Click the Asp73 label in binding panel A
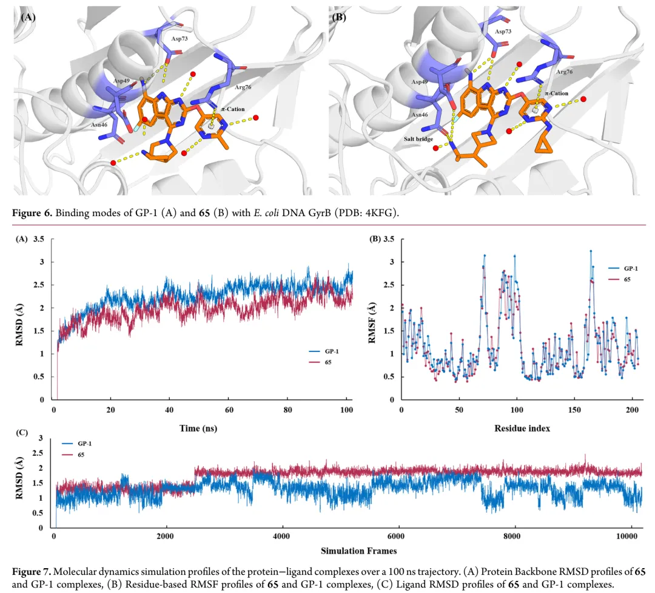click(x=179, y=38)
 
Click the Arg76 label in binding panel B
click(x=565, y=72)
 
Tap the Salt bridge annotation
click(x=418, y=139)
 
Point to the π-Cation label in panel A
click(x=233, y=109)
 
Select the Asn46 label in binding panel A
click(x=99, y=124)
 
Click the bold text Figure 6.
click(x=32, y=213)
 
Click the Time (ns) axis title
click(x=198, y=429)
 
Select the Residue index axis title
click(x=522, y=429)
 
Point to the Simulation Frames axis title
click(x=359, y=551)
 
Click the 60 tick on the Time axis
click(x=229, y=410)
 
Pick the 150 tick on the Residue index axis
click(x=574, y=410)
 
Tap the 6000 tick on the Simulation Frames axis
click(x=395, y=537)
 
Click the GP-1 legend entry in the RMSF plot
click(x=623, y=268)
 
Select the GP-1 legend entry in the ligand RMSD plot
click(x=77, y=443)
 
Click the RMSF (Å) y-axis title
click(x=372, y=323)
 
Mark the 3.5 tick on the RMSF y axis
click(x=389, y=239)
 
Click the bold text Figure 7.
click(x=32, y=572)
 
